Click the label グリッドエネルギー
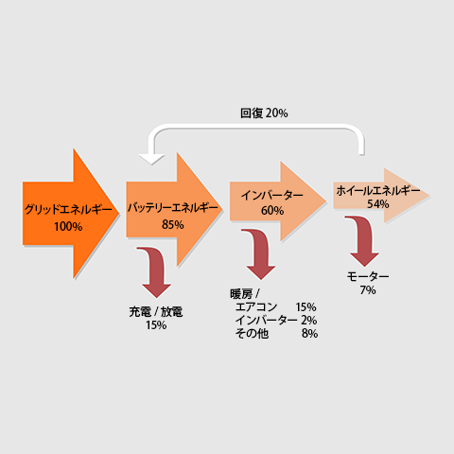point(68,210)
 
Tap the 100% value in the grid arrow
point(68,226)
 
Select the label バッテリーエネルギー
point(173,208)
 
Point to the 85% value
point(173,224)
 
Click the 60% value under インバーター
point(272,210)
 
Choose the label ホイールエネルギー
point(378,190)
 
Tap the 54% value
point(378,204)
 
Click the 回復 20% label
point(264,113)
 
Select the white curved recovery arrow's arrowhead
point(151,159)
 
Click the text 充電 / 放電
point(156,312)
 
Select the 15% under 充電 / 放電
point(156,325)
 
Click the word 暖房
point(241,294)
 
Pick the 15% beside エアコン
point(306,307)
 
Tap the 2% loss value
point(308,321)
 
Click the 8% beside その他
point(309,333)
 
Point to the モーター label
point(368,276)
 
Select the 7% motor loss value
point(368,290)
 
